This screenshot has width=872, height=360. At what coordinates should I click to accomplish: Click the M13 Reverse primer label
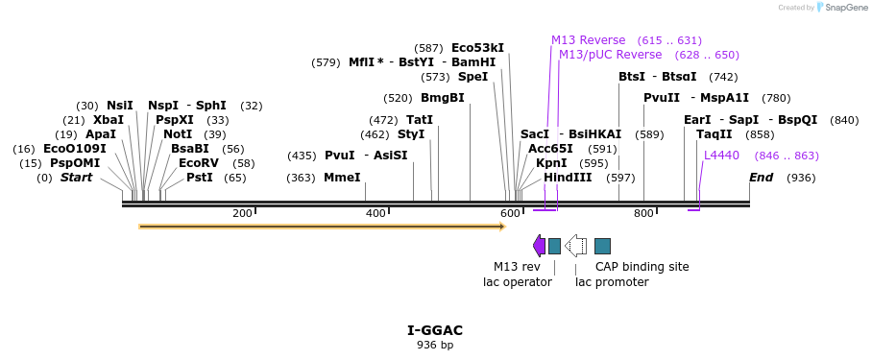[x=588, y=40]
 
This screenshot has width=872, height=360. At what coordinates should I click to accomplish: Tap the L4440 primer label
[x=721, y=155]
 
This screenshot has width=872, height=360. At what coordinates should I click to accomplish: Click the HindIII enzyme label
[x=568, y=178]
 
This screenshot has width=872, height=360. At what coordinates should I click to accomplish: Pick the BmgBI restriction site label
[x=442, y=98]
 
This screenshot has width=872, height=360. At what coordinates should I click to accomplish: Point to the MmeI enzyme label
[x=342, y=178]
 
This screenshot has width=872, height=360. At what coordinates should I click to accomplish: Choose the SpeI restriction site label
[x=472, y=77]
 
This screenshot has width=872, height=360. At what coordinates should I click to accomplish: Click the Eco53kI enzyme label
[x=477, y=48]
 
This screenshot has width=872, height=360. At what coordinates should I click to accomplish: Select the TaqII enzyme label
[x=714, y=134]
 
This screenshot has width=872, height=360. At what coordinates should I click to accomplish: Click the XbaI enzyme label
[x=109, y=120]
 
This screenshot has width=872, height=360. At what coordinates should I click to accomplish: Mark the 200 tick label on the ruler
[x=242, y=213]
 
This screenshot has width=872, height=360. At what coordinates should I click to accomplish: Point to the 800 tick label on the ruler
[x=643, y=213]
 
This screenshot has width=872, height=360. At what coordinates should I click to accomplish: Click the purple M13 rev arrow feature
[x=539, y=246]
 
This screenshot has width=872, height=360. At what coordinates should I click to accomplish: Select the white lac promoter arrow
[x=575, y=246]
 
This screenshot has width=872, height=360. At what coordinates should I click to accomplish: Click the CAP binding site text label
[x=642, y=267]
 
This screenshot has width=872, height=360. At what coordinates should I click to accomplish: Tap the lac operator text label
[x=517, y=282]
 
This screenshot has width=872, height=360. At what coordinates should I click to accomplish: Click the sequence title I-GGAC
[x=435, y=330]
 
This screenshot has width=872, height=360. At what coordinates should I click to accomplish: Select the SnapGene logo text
[x=840, y=8]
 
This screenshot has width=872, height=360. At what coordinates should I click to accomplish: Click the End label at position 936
[x=761, y=178]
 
